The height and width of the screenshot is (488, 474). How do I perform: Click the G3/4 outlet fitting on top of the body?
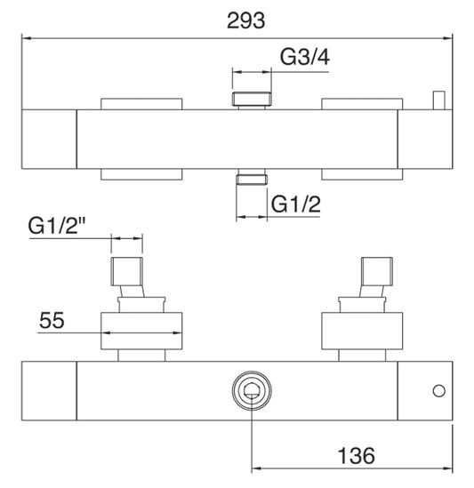click(250, 99)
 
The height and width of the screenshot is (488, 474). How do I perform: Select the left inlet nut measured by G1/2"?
click(125, 269)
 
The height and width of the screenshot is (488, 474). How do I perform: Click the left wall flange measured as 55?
click(143, 330)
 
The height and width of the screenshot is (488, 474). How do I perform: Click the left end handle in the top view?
click(48, 140)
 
